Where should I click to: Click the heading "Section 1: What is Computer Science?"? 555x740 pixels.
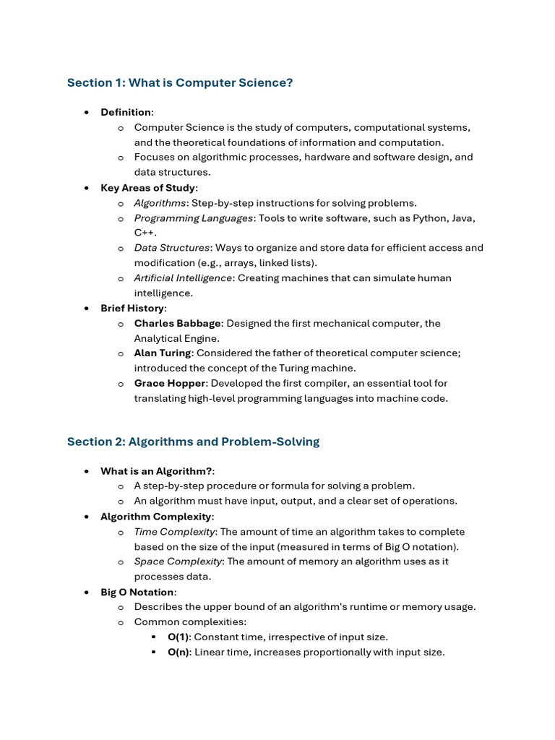180,83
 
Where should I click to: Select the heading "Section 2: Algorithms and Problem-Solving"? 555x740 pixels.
193,442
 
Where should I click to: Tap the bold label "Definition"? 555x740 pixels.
126,112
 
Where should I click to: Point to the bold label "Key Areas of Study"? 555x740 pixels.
148,188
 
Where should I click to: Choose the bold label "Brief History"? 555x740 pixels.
132,309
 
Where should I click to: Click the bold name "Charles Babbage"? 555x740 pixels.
178,324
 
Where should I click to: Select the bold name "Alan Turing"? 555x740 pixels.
163,353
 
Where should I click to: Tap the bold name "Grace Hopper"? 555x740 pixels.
170,384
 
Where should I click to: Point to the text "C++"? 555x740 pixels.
144,233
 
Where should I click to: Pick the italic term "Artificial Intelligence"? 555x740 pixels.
183,278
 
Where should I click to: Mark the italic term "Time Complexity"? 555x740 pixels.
174,532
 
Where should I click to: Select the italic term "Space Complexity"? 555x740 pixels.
178,562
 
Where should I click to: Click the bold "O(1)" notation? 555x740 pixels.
178,637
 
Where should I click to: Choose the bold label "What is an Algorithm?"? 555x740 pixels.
156,471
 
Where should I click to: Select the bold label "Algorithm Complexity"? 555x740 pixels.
156,517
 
